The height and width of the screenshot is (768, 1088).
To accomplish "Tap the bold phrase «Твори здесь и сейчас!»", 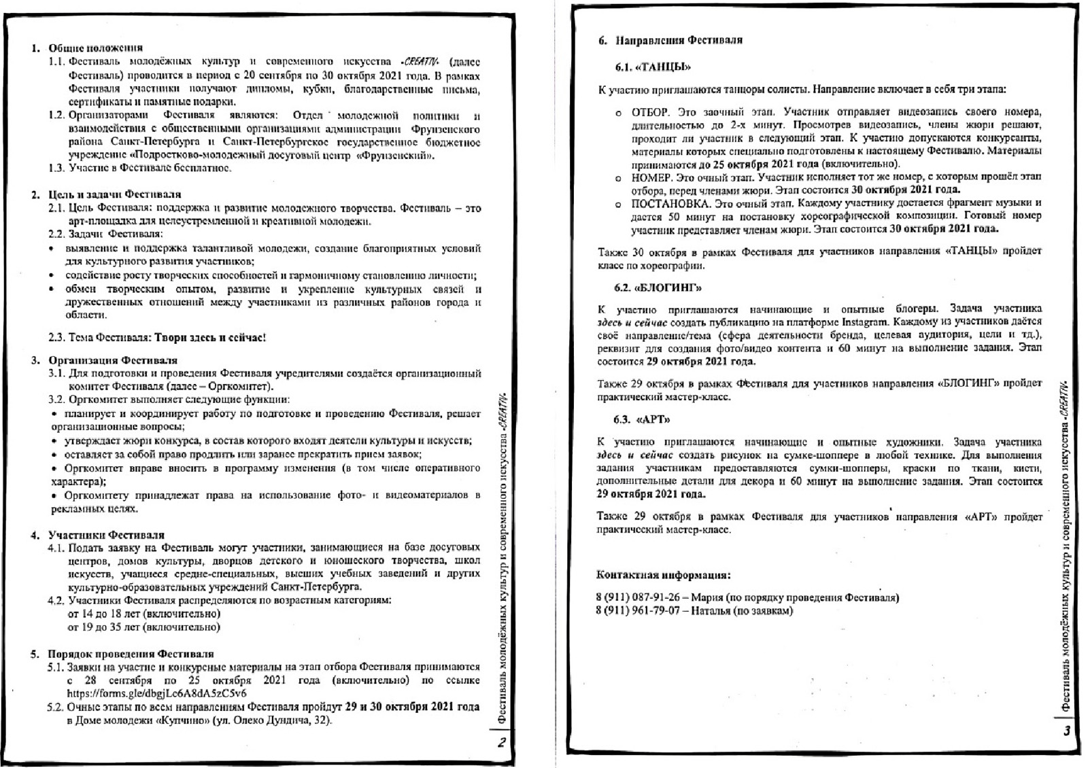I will [x=209, y=337].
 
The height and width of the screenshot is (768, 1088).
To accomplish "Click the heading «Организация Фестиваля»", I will [x=112, y=360].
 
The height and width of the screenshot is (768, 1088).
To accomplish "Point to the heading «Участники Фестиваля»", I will [x=106, y=535].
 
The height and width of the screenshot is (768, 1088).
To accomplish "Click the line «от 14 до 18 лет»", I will [x=144, y=614].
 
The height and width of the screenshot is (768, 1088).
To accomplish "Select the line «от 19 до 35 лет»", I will [x=144, y=627].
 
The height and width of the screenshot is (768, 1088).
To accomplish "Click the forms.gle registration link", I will [x=156, y=694].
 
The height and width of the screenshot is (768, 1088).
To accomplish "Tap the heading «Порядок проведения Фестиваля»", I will [x=131, y=654].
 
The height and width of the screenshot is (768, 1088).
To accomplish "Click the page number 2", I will [x=501, y=743].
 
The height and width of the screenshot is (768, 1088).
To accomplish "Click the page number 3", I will [x=1066, y=731].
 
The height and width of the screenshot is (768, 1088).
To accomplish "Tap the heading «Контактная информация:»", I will [x=663, y=575].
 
